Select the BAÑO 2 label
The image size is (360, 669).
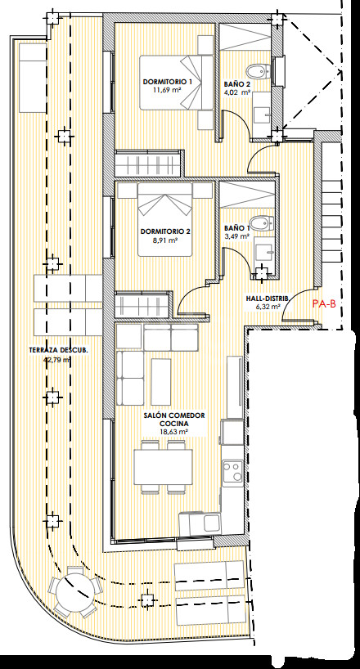tap(237, 84)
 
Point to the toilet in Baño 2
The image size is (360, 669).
tap(259, 71)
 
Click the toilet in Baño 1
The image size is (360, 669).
tap(261, 222)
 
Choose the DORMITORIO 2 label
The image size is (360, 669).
tap(165, 232)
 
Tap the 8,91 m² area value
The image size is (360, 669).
tap(164, 240)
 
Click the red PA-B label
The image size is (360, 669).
tap(324, 303)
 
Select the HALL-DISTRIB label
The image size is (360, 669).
tap(263, 299)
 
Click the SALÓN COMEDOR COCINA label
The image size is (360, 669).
tap(174, 420)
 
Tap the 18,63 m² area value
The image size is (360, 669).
tap(174, 432)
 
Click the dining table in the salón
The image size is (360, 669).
tap(163, 467)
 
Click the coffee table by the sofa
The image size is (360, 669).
tap(160, 381)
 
